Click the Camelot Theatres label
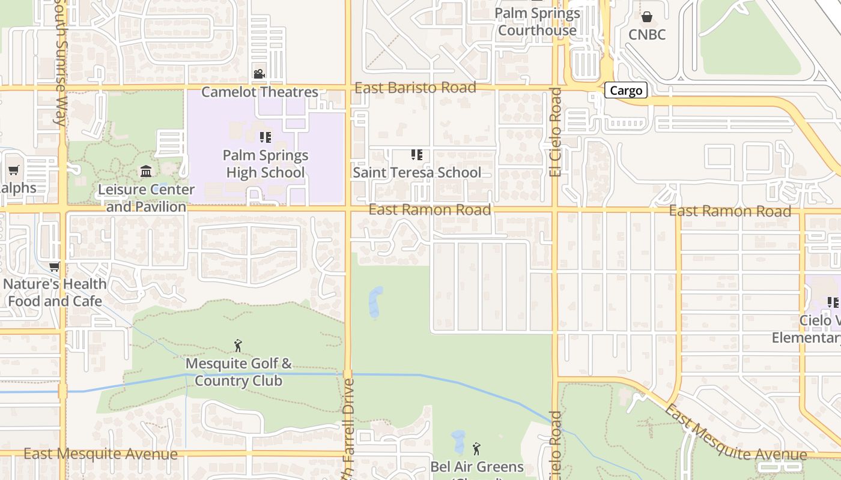[x=260, y=92]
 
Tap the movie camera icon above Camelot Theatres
[x=259, y=74]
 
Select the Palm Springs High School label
[x=265, y=164]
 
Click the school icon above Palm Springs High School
[x=266, y=137]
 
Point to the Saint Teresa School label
[x=417, y=173]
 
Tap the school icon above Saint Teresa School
[x=416, y=155]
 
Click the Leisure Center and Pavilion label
[x=146, y=198]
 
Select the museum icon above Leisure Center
[x=146, y=172]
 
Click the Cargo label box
[x=626, y=91]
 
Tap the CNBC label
[x=647, y=35]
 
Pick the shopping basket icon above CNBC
[x=647, y=17]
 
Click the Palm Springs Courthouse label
[x=537, y=22]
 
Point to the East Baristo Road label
[x=415, y=88]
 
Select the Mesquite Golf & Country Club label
[x=238, y=372]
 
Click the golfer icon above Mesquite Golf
[x=238, y=346]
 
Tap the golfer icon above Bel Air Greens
[x=476, y=448]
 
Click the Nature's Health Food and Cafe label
[x=55, y=292]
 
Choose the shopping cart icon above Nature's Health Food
[x=55, y=266]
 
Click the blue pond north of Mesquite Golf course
[x=375, y=302]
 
